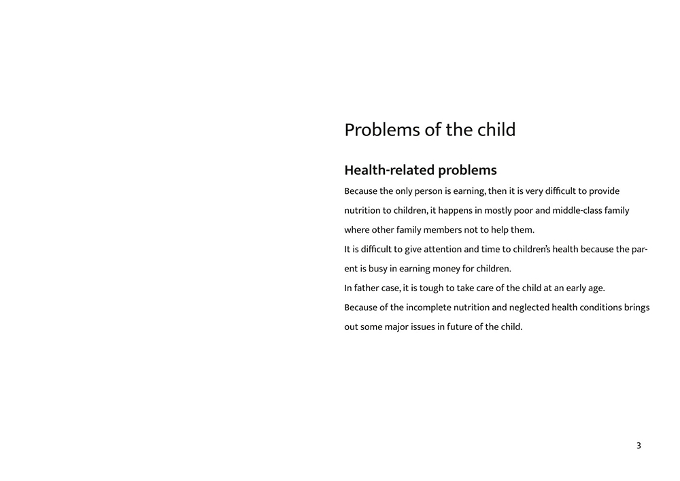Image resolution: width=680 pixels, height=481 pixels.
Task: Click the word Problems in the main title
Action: (382, 130)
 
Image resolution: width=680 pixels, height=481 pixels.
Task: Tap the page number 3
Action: (639, 446)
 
